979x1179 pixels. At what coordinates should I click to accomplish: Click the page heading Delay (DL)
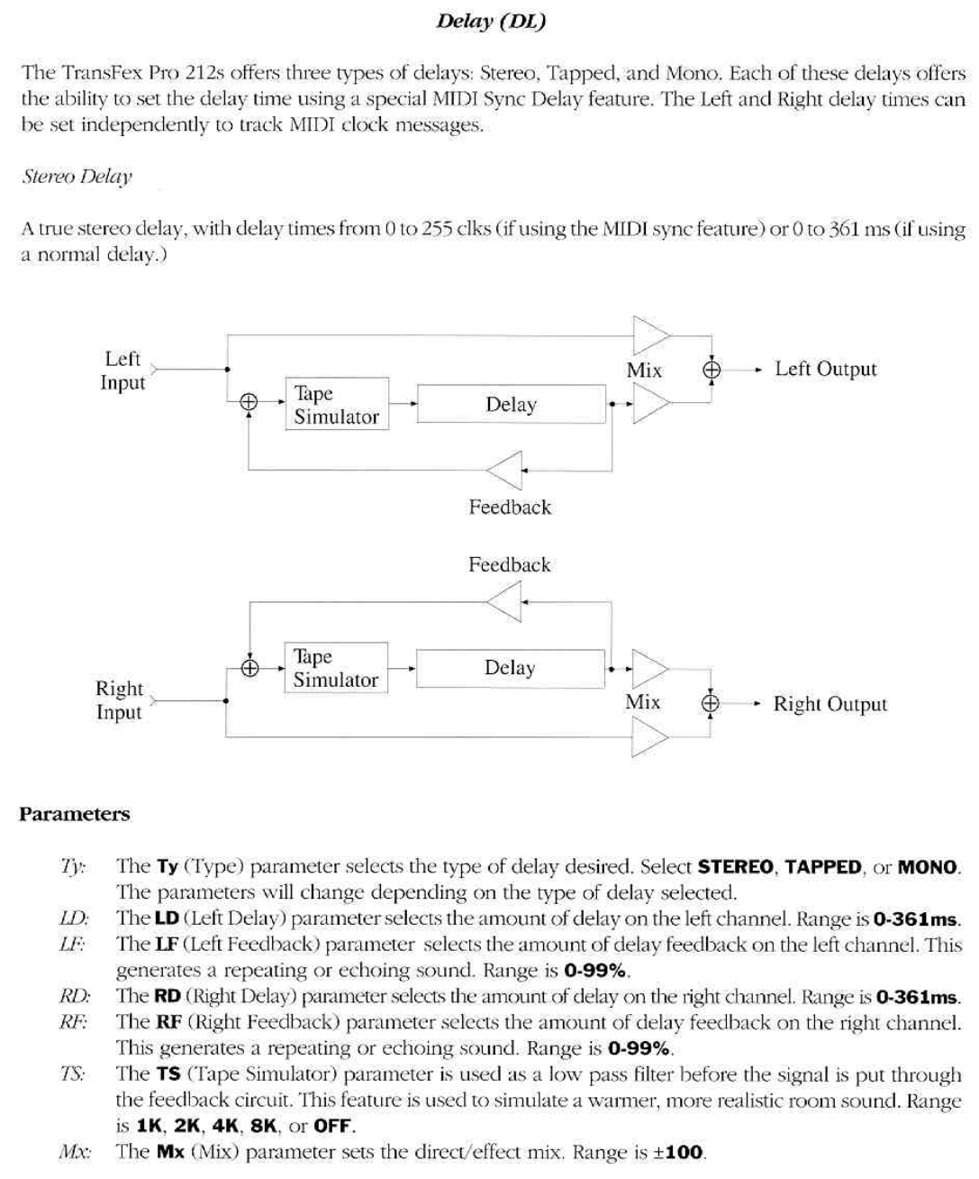[490, 21]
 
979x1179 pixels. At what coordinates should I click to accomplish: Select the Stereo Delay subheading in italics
[77, 176]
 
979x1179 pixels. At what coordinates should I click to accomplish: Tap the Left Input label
[122, 370]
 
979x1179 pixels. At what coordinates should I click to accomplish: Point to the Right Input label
[119, 700]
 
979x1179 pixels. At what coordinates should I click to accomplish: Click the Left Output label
[825, 369]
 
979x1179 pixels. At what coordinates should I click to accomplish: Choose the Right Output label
[829, 704]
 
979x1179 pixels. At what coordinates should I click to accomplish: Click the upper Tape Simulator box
[337, 404]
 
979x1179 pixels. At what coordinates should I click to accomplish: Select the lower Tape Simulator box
[336, 668]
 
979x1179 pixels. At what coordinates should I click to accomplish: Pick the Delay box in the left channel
[511, 405]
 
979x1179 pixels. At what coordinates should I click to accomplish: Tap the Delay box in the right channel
[510, 668]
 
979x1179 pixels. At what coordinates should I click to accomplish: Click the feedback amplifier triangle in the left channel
[505, 470]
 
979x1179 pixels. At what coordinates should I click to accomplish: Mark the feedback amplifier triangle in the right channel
[505, 601]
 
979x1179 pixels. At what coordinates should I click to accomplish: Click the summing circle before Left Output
[712, 369]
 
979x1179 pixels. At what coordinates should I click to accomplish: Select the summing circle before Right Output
[711, 704]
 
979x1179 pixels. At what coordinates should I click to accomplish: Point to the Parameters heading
[75, 814]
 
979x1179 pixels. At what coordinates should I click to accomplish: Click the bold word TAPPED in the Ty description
[822, 867]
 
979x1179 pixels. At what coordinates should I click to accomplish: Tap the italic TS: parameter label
[73, 1074]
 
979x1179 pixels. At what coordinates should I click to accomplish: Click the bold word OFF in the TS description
[333, 1127]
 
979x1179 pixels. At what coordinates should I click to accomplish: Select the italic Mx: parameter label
[72, 1152]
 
